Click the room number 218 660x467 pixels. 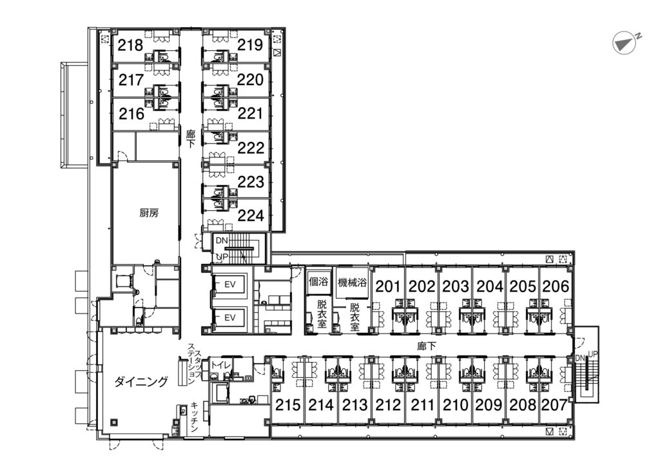130,45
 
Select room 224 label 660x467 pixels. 251,215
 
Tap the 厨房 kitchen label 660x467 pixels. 149,213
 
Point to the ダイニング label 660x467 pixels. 141,382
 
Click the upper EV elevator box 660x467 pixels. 229,284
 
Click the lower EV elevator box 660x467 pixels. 229,317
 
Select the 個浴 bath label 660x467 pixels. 318,281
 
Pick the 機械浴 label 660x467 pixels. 353,282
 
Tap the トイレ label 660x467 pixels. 220,364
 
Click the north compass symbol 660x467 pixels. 625,43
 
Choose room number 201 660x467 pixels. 387,286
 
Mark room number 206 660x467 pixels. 556,286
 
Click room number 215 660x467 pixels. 288,405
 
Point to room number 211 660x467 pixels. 422,405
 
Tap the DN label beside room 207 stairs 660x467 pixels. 579,358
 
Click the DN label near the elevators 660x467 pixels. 222,241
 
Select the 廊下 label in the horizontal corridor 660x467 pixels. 427,346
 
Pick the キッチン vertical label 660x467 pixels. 195,417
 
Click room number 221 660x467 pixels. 251,114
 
